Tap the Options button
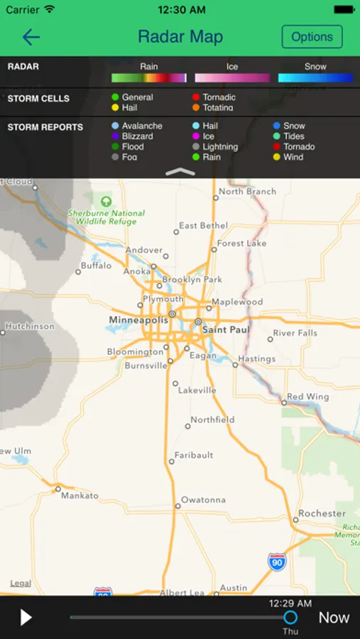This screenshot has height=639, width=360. tap(312, 37)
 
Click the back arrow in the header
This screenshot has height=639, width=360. tap(31, 38)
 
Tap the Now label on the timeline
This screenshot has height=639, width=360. tap(334, 617)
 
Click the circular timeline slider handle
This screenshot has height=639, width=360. tap(290, 617)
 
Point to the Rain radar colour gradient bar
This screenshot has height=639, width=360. tap(148, 78)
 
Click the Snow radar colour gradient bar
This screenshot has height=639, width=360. tap(315, 78)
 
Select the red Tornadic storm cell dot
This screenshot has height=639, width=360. tap(196, 97)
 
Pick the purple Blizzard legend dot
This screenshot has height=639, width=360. tap(115, 136)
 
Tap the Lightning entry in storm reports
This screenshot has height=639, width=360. tap(219, 147)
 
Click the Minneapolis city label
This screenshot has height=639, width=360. tap(139, 320)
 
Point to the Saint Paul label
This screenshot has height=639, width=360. tap(225, 330)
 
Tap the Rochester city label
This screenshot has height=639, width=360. tap(322, 513)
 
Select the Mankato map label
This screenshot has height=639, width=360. tap(80, 496)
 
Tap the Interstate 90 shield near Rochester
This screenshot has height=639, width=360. tap(277, 562)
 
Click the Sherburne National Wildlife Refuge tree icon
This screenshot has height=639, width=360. tap(107, 201)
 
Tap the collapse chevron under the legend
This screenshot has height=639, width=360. tap(180, 171)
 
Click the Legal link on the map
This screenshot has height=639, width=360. tap(21, 584)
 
